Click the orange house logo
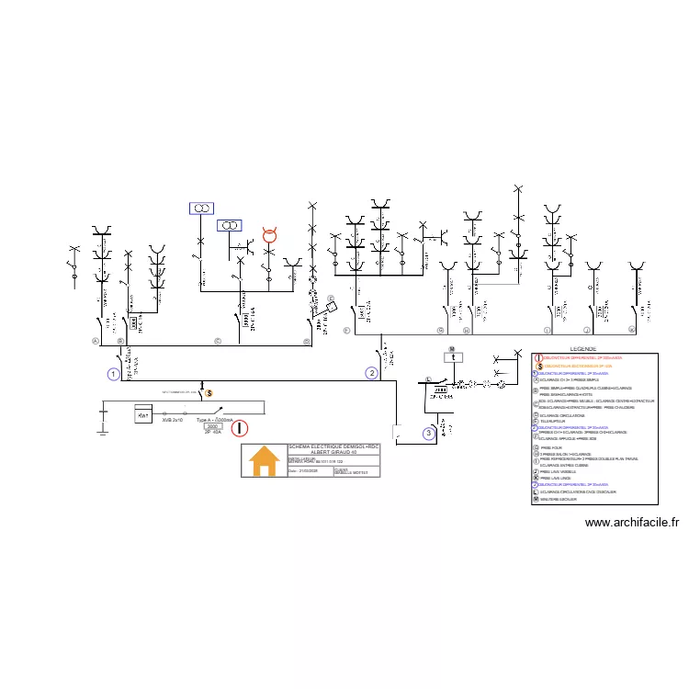coord(265,459)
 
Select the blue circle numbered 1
coord(113,374)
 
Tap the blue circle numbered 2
coord(371,373)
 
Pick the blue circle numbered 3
coord(428,433)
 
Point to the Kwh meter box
coord(142,415)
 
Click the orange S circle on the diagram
coord(208,394)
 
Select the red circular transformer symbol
coord(270,236)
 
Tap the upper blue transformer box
coord(201,209)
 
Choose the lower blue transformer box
coord(230,225)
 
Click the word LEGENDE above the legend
coord(583,349)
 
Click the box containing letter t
coord(453,358)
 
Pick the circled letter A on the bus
coord(95,340)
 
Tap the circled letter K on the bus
coord(632,329)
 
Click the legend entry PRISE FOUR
coord(552,447)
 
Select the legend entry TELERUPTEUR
coord(555,422)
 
